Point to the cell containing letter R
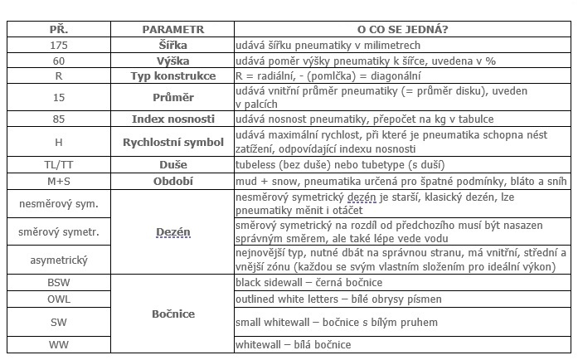(x=58, y=75)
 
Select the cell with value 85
(x=58, y=118)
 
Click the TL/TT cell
(x=58, y=165)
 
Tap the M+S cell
(x=58, y=181)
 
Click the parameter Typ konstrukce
(x=172, y=75)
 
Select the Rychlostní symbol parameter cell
(x=172, y=142)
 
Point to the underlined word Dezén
(x=172, y=233)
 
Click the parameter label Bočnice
(x=172, y=314)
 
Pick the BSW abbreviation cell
(x=58, y=283)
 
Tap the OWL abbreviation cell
(x=58, y=299)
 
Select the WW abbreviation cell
(x=58, y=344)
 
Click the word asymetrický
(x=58, y=260)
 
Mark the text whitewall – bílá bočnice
(x=294, y=344)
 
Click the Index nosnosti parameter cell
(x=172, y=118)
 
